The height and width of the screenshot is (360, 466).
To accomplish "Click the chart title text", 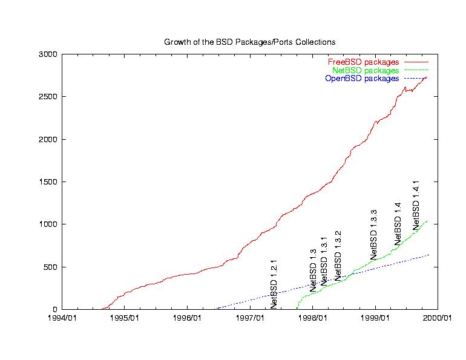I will [249, 42].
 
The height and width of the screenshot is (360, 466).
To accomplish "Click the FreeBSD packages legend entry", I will [363, 62].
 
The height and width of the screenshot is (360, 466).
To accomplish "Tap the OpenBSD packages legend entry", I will [362, 79].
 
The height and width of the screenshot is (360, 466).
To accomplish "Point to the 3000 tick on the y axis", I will [48, 54].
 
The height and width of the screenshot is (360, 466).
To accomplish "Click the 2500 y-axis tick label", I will [48, 97].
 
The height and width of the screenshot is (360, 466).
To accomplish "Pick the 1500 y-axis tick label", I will [48, 182].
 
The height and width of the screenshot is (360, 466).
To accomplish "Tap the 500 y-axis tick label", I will [50, 267].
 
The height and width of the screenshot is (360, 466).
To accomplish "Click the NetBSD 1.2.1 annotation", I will [274, 284].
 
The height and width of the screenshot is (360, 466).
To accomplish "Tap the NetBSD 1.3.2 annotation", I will [338, 255].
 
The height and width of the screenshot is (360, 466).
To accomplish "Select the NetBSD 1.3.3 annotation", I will [373, 235].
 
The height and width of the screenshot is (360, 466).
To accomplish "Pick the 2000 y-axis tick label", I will [48, 139].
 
